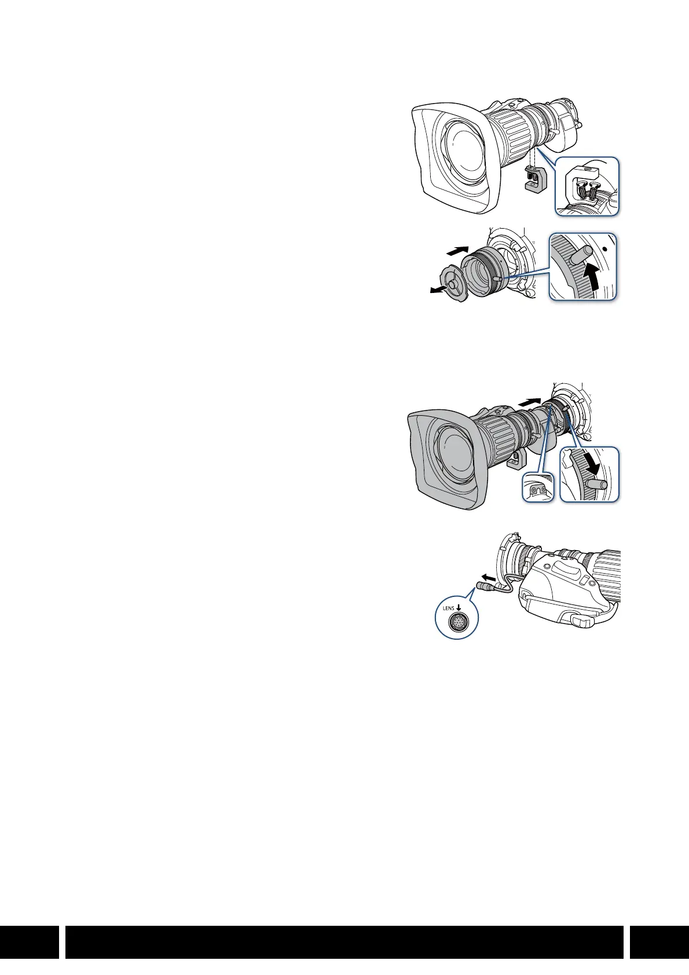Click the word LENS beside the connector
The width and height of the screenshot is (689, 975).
(448, 609)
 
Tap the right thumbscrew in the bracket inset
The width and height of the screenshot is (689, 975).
(595, 189)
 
